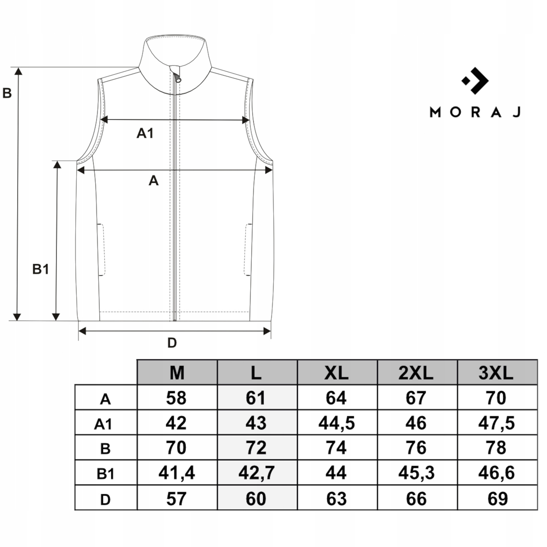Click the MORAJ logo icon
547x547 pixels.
(475, 81)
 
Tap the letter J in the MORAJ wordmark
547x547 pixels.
(517, 112)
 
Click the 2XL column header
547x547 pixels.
(416, 373)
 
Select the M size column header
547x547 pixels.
(177, 373)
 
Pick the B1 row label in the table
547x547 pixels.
(105, 474)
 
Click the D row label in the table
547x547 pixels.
(105, 499)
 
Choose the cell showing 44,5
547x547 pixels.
(336, 423)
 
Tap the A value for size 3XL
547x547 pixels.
(496, 398)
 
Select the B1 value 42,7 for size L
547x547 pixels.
(256, 473)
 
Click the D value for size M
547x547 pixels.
(176, 499)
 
